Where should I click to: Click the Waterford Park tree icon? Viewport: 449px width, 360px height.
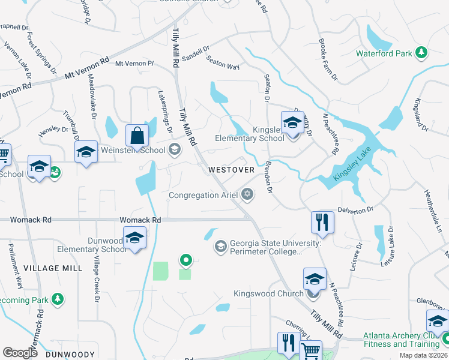pyautogui.click(x=421, y=53)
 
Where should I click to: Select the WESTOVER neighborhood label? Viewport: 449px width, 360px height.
pyautogui.click(x=232, y=170)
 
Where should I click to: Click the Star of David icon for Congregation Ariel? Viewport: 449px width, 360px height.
pyautogui.click(x=247, y=194)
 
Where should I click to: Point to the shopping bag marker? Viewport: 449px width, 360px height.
pyautogui.click(x=137, y=136)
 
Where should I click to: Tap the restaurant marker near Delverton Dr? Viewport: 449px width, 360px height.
pyautogui.click(x=322, y=221)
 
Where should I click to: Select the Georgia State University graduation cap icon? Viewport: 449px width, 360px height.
pyautogui.click(x=220, y=247)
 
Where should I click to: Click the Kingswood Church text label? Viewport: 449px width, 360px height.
pyautogui.click(x=268, y=294)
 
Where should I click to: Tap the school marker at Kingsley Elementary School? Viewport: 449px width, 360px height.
pyautogui.click(x=292, y=122)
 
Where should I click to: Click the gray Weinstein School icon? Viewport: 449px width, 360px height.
pyautogui.click(x=175, y=149)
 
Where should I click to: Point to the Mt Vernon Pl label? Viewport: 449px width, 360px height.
pyautogui.click(x=134, y=63)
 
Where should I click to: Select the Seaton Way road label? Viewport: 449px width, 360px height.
pyautogui.click(x=223, y=62)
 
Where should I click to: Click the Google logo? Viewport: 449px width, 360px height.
pyautogui.click(x=20, y=353)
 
